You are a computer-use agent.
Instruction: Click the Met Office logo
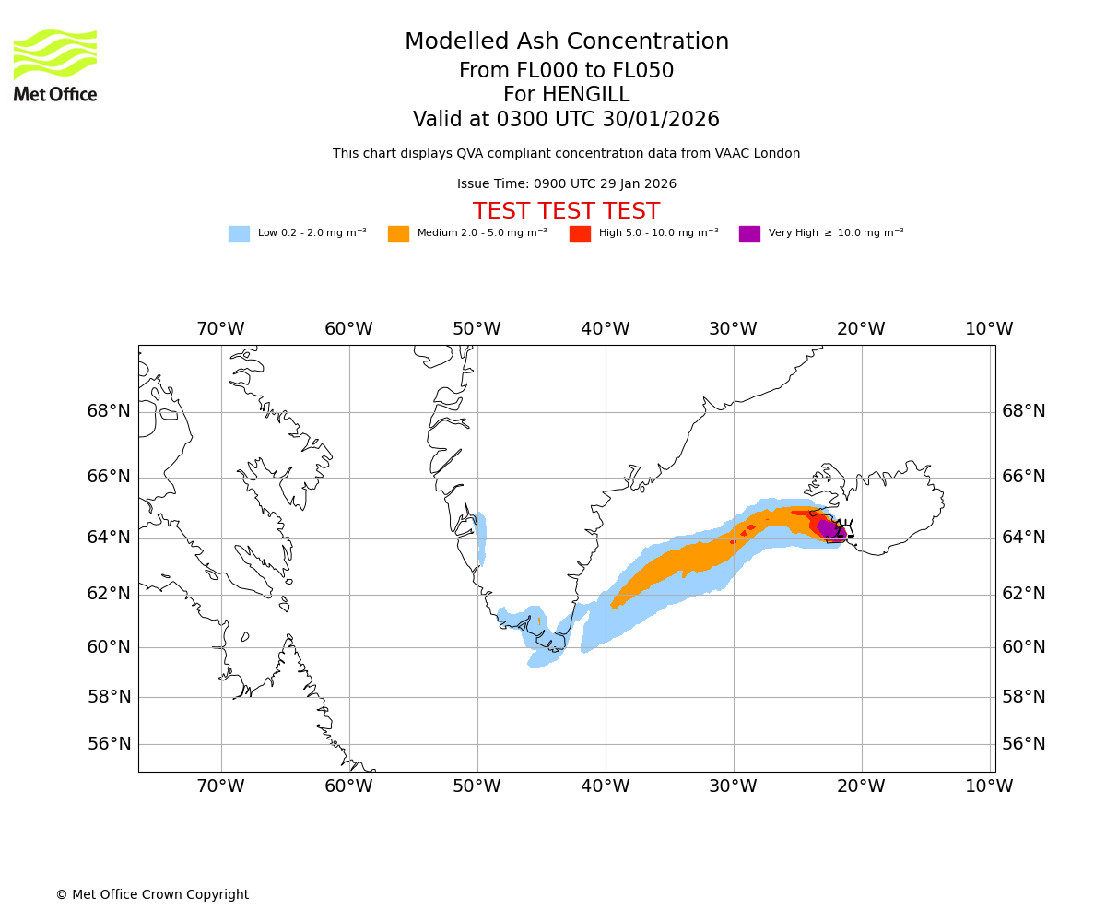55,65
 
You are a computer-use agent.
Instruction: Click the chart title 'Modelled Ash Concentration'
566,42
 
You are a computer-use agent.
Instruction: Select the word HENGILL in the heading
584,95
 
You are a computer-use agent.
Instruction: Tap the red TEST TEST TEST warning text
566,211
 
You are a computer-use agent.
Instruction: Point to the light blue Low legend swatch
239,234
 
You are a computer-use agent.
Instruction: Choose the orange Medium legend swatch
398,234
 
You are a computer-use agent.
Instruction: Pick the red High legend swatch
580,234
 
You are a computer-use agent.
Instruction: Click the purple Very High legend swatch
749,234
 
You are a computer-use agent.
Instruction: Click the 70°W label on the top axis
220,329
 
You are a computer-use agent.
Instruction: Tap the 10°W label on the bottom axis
989,786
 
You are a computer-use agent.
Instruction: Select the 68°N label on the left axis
109,411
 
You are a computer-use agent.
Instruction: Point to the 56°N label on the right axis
1024,744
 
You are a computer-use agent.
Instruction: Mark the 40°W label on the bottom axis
606,786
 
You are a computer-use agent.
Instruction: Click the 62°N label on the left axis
109,594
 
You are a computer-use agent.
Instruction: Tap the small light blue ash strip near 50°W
481,538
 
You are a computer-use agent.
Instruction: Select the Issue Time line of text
566,184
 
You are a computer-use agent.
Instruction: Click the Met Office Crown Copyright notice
152,895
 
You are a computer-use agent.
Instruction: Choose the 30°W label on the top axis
733,329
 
